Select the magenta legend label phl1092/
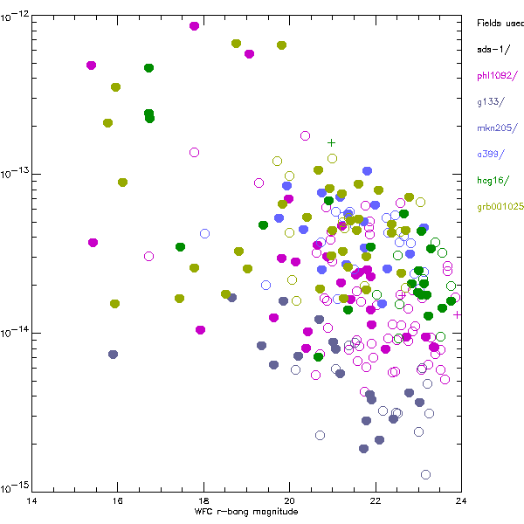[x=497, y=75]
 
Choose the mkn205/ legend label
[x=494, y=128]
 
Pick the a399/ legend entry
[x=491, y=154]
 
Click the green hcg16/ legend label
[x=494, y=181]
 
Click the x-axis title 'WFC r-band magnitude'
[x=246, y=512]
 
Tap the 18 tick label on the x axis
[x=203, y=500]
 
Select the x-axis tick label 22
[x=375, y=500]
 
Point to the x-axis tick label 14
[x=32, y=500]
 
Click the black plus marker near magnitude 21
[x=331, y=142]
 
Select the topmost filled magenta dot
[x=194, y=26]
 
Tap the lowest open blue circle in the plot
[x=425, y=474]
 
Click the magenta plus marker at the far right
[x=457, y=314]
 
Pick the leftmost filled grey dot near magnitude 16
[x=113, y=354]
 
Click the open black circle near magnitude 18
[x=194, y=152]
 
